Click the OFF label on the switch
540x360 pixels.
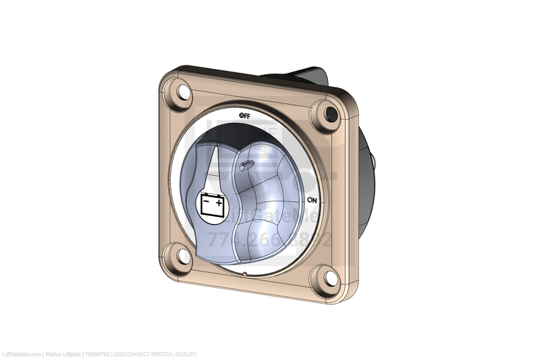(244, 115)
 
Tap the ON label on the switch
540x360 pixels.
(312, 201)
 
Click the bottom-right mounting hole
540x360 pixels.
(327, 278)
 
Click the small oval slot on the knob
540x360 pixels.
(247, 163)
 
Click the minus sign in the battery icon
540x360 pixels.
(207, 199)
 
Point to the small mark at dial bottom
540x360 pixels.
(243, 274)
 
